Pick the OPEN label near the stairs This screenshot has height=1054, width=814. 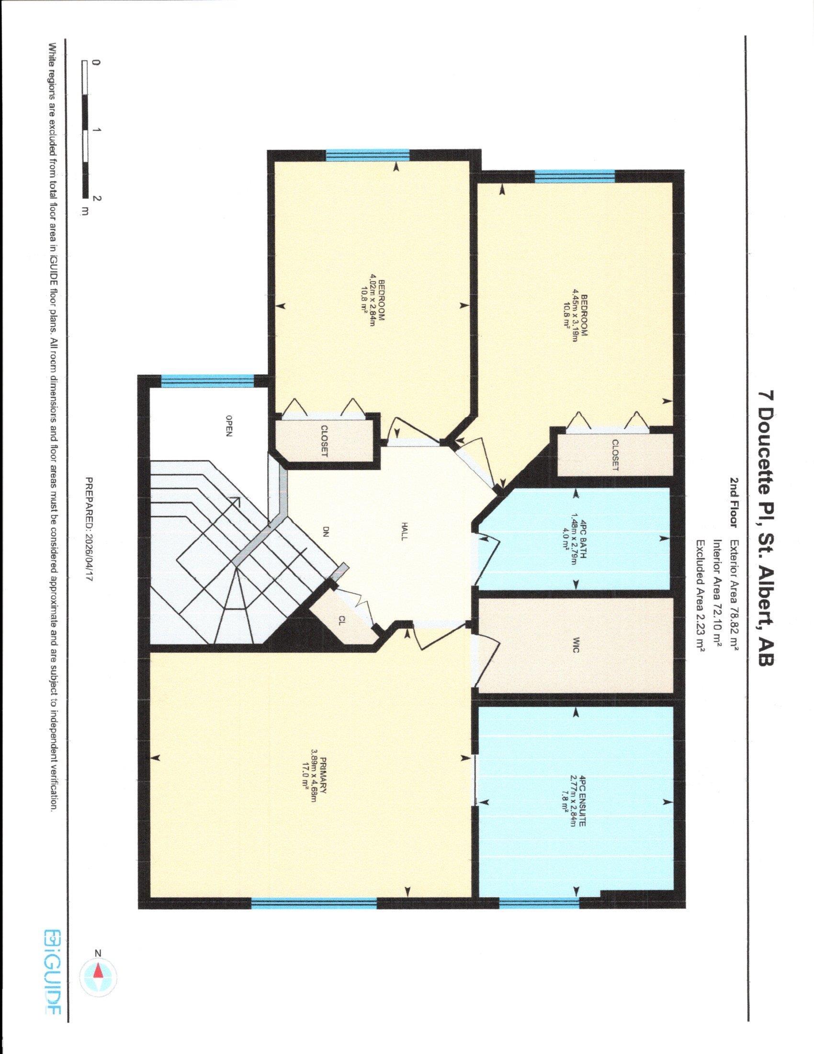[x=229, y=425]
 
